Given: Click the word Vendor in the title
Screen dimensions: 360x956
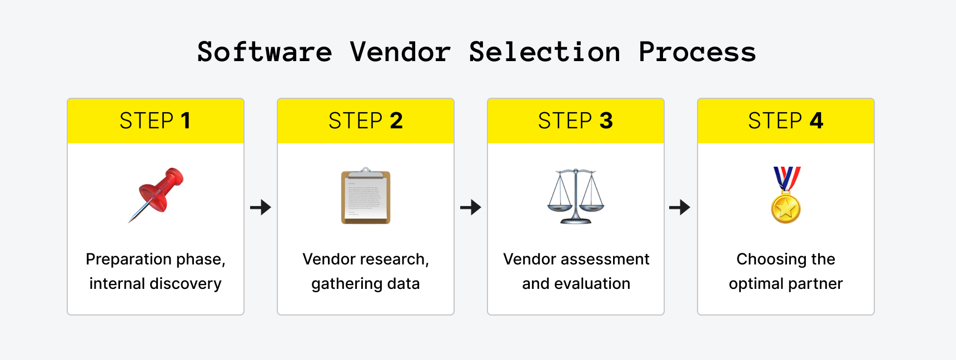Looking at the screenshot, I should point(400,52).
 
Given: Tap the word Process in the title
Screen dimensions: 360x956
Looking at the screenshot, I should point(697,52).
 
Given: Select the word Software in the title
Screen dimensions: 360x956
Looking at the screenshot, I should point(265,52).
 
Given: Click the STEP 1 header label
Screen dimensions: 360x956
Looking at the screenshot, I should point(155,121).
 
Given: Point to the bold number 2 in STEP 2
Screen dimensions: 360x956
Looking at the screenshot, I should point(396,121).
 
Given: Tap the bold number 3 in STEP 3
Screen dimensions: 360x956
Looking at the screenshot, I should point(606,121).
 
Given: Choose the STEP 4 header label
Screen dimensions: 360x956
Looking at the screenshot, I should point(785,121).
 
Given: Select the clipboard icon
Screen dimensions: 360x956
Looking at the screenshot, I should point(366,196).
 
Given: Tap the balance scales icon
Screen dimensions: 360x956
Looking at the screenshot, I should point(576,196).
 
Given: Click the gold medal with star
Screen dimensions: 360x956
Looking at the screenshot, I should point(786,208).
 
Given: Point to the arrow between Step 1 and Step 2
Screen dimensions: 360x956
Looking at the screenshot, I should point(260,208).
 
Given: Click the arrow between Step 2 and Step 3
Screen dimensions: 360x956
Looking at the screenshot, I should point(470,208).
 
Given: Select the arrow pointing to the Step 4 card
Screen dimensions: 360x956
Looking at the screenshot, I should point(679,208).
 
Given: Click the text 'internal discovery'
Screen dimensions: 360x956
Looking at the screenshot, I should point(155,283).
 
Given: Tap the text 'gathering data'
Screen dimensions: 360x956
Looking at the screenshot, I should point(365,283).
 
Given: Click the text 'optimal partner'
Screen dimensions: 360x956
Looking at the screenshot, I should point(785,283).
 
